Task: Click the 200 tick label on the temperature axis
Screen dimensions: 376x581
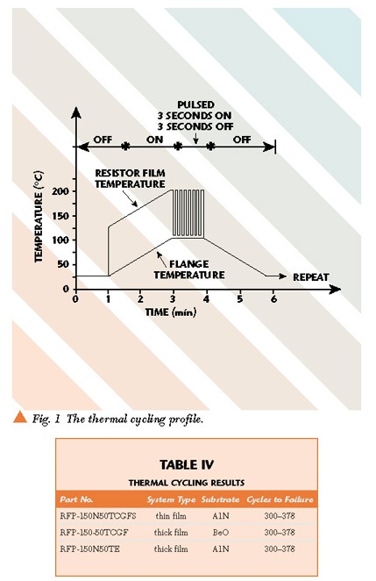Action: tap(60, 191)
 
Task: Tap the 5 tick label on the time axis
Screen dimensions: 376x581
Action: tap(240, 299)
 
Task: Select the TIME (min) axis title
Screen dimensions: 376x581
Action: tap(171, 312)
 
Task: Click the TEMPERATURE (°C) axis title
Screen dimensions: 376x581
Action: tap(39, 217)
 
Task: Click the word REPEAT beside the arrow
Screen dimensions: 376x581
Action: tap(311, 277)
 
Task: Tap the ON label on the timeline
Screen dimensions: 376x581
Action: tap(154, 140)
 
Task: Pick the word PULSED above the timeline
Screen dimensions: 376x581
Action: tap(195, 104)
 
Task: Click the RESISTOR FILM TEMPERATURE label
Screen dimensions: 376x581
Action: tap(130, 178)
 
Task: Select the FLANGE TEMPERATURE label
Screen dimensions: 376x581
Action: tap(189, 269)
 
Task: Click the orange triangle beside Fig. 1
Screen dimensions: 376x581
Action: tap(20, 417)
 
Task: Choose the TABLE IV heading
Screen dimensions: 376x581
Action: tap(187, 464)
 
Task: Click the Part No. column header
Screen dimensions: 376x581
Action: tap(76, 499)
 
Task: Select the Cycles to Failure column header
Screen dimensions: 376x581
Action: tap(280, 499)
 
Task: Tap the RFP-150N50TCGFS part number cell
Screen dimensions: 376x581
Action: tap(98, 516)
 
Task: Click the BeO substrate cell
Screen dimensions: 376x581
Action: tap(221, 533)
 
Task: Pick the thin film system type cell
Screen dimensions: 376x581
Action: tap(171, 516)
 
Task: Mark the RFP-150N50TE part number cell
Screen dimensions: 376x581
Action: tap(90, 549)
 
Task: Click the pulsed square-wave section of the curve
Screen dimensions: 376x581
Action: tap(188, 213)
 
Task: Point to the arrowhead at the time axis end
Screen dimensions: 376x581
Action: tap(336, 289)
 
